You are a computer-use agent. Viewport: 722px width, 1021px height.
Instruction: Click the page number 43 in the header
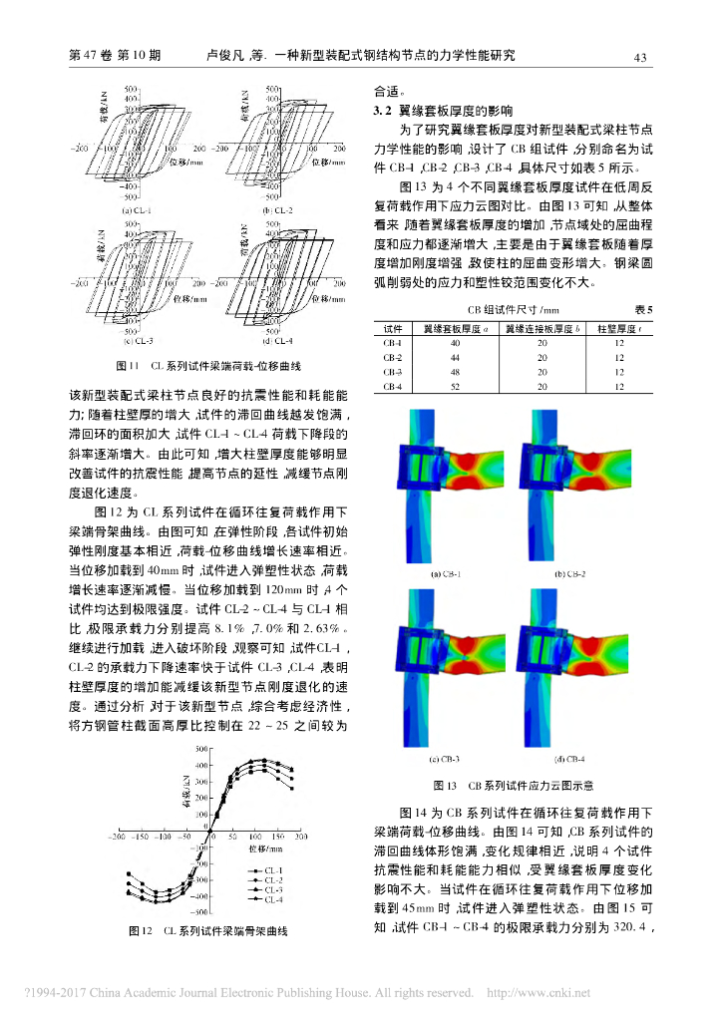pyautogui.click(x=642, y=56)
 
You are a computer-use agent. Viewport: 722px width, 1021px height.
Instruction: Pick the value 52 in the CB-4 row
pyautogui.click(x=455, y=386)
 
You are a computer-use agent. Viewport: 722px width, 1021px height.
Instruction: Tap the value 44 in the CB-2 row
pyautogui.click(x=455, y=357)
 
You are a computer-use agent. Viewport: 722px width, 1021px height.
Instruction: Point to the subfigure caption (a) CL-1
pyautogui.click(x=137, y=209)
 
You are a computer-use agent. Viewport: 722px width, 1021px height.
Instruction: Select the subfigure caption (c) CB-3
pyautogui.click(x=445, y=760)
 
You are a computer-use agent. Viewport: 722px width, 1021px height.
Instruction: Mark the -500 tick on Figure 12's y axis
pyautogui.click(x=198, y=912)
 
